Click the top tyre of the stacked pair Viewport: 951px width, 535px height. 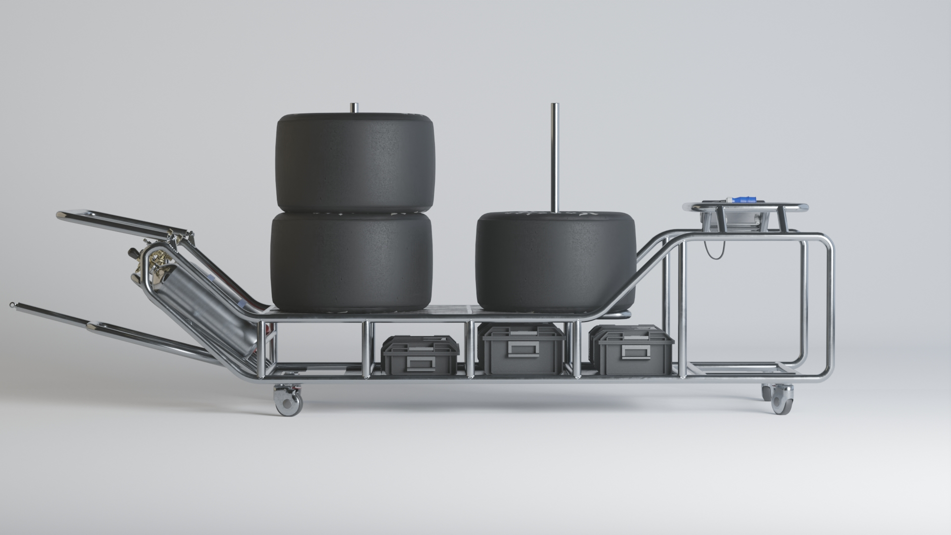(x=355, y=162)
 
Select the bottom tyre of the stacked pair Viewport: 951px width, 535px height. (x=352, y=262)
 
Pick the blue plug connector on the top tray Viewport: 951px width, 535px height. (x=740, y=200)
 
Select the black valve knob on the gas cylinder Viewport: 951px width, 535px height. (x=133, y=253)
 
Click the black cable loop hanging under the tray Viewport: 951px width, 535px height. (x=713, y=253)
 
